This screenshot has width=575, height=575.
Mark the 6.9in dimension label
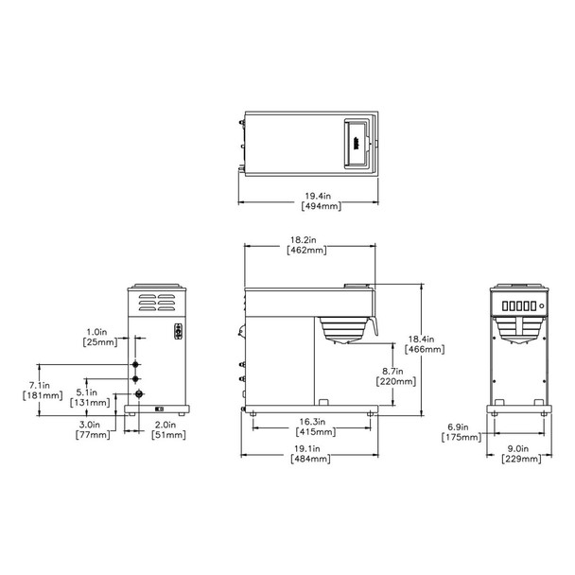pyautogui.click(x=459, y=427)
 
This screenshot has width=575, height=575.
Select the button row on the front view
pyautogui.click(x=521, y=305)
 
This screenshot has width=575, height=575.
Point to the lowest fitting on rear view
pyautogui.click(x=138, y=393)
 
